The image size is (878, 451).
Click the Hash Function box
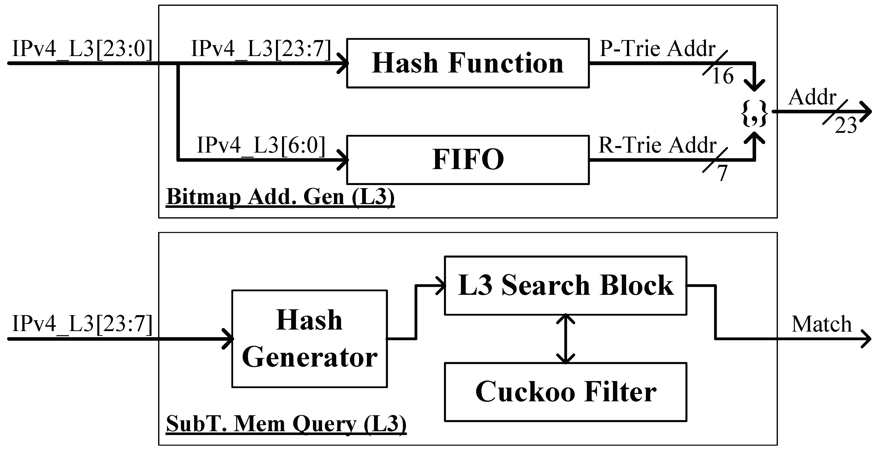[468, 63]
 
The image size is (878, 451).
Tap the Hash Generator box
[309, 338]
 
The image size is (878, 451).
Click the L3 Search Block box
[566, 285]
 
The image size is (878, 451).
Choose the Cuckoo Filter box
[566, 392]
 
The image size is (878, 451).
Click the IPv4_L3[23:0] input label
[82, 49]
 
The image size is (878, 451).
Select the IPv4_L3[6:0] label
[261, 145]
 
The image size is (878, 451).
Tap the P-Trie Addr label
[657, 49]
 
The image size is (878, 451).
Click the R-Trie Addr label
[657, 145]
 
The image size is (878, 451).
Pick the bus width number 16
[723, 76]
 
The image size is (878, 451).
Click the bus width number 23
[845, 126]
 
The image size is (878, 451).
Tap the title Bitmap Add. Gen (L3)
[280, 197]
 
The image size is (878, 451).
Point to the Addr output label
[812, 98]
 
